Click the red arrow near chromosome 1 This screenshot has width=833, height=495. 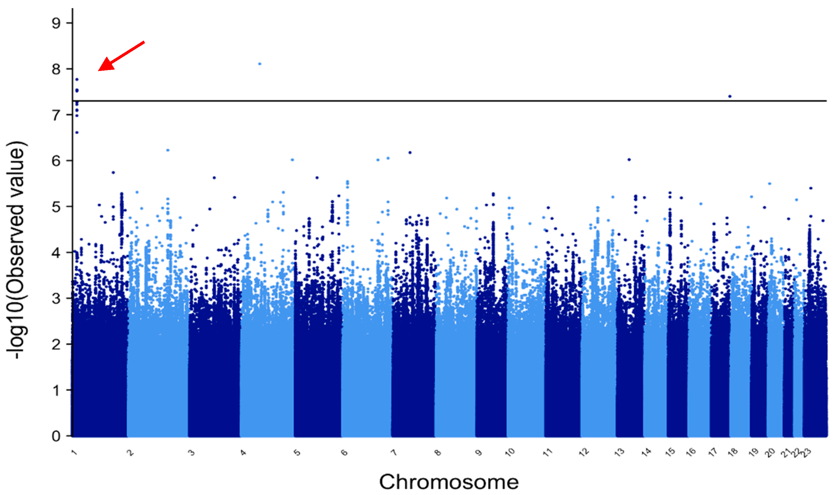121,56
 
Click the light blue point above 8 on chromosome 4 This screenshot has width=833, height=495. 260,64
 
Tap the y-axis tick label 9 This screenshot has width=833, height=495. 56,23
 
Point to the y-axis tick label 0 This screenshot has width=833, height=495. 56,436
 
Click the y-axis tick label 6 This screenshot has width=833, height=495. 56,161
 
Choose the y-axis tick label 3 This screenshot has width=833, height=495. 56,298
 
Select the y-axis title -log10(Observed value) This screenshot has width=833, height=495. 16,250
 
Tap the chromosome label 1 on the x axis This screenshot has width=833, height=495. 74,453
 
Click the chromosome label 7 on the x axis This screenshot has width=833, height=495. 394,453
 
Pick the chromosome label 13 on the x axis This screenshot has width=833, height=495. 619,453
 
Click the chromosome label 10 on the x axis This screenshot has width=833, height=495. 510,453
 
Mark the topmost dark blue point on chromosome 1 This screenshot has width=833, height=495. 77,79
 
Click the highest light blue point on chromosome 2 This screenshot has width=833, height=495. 168,150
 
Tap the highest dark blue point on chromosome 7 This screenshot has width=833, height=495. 410,152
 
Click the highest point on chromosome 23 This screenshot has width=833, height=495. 811,188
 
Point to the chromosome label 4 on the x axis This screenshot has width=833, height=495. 243,453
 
